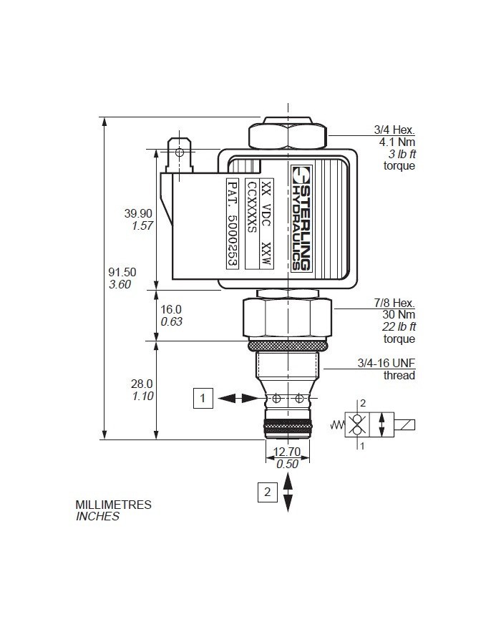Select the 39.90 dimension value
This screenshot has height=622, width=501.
138,213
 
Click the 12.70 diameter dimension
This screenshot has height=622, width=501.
287,451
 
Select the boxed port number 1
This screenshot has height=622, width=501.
204,399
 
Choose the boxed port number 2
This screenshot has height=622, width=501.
267,492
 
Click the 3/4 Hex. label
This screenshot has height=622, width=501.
394,130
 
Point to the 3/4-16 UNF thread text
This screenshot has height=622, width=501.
386,364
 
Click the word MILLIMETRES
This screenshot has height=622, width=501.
114,505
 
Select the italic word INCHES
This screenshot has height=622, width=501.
97,516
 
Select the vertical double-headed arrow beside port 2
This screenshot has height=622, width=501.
288,492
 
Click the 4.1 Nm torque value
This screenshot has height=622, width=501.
397,142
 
